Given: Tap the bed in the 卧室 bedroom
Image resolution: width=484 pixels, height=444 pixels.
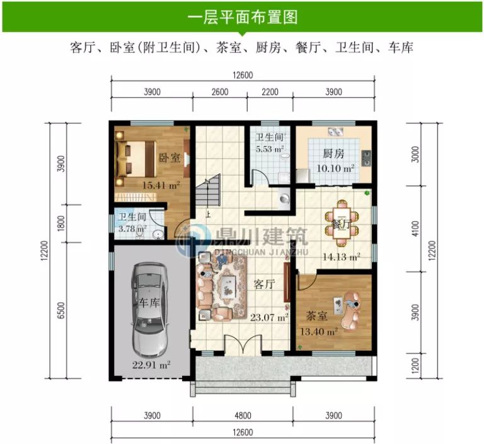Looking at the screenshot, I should pyautogui.click(x=134, y=158).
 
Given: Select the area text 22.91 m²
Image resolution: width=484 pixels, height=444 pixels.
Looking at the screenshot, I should pyautogui.click(x=152, y=363).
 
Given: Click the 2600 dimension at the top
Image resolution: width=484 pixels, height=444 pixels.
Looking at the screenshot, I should pyautogui.click(x=219, y=92).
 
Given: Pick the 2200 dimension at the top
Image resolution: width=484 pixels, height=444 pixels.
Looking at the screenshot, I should pyautogui.click(x=269, y=92).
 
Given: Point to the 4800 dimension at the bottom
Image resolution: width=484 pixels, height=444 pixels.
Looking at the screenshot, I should pyautogui.click(x=243, y=416).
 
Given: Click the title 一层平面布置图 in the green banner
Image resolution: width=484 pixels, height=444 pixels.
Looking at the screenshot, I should pyautogui.click(x=243, y=17).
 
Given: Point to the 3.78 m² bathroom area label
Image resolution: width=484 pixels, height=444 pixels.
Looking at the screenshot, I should pyautogui.click(x=132, y=228).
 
